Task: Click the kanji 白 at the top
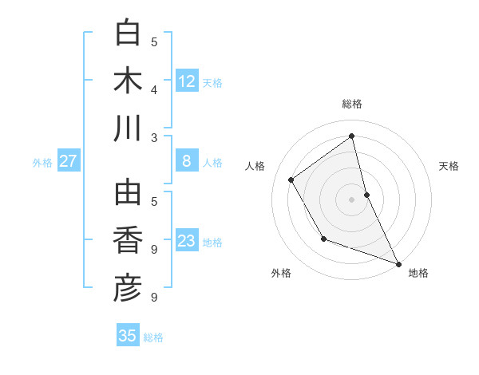pyautogui.click(x=128, y=34)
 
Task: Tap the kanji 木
pyautogui.click(x=128, y=81)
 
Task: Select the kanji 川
pyautogui.click(x=128, y=129)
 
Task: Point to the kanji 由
pyautogui.click(x=128, y=193)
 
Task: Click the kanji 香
pyautogui.click(x=128, y=241)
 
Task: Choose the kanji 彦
pyautogui.click(x=128, y=289)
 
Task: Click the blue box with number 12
pyautogui.click(x=187, y=81)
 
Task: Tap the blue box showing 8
pyautogui.click(x=187, y=161)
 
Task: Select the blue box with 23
pyautogui.click(x=187, y=241)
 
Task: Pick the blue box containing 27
pyautogui.click(x=69, y=161)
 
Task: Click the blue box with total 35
pyautogui.click(x=128, y=336)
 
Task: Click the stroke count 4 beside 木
pyautogui.click(x=154, y=89)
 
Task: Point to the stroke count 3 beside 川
pyautogui.click(x=154, y=137)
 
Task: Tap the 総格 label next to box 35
pyautogui.click(x=153, y=337)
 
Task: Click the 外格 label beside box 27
pyautogui.click(x=42, y=163)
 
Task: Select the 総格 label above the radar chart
pyautogui.click(x=352, y=104)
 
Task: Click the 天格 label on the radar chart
pyautogui.click(x=449, y=166)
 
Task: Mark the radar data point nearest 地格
pyautogui.click(x=399, y=264)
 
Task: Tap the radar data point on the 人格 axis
pyautogui.click(x=291, y=180)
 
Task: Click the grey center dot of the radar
pyautogui.click(x=352, y=199)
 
